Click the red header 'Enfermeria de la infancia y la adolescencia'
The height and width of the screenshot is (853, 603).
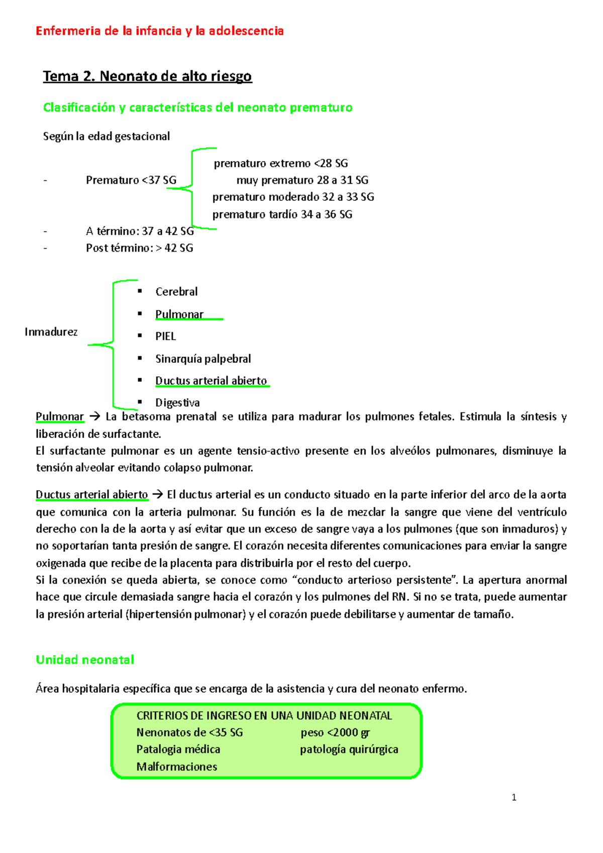point(159,31)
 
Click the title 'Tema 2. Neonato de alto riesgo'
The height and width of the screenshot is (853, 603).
point(147,76)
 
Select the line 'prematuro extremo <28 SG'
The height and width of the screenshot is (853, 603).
point(280,163)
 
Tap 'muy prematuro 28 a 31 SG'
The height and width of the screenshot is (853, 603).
point(302,180)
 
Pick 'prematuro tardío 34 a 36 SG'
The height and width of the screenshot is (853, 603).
point(282,215)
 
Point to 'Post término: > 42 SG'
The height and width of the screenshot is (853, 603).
point(139,248)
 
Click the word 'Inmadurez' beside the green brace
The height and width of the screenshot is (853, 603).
point(51,332)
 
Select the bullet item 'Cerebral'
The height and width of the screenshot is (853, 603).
point(176,291)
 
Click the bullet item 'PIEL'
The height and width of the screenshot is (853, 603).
point(165,336)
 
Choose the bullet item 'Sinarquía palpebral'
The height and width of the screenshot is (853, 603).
point(203,359)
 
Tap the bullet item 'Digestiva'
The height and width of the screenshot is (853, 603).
point(177,402)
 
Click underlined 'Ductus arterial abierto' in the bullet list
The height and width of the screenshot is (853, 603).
point(211,381)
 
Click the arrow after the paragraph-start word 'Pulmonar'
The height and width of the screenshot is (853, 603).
point(94,416)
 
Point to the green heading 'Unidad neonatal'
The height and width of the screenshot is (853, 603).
point(85,660)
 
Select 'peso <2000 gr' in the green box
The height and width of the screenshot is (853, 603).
point(335,732)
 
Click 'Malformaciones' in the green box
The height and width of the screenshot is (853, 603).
point(177,767)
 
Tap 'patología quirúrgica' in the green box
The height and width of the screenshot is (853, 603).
point(349,750)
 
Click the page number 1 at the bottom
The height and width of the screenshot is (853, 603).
point(514,797)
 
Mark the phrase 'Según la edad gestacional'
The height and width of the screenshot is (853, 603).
point(107,136)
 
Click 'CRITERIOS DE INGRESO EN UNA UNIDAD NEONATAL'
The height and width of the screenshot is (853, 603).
point(264,715)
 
